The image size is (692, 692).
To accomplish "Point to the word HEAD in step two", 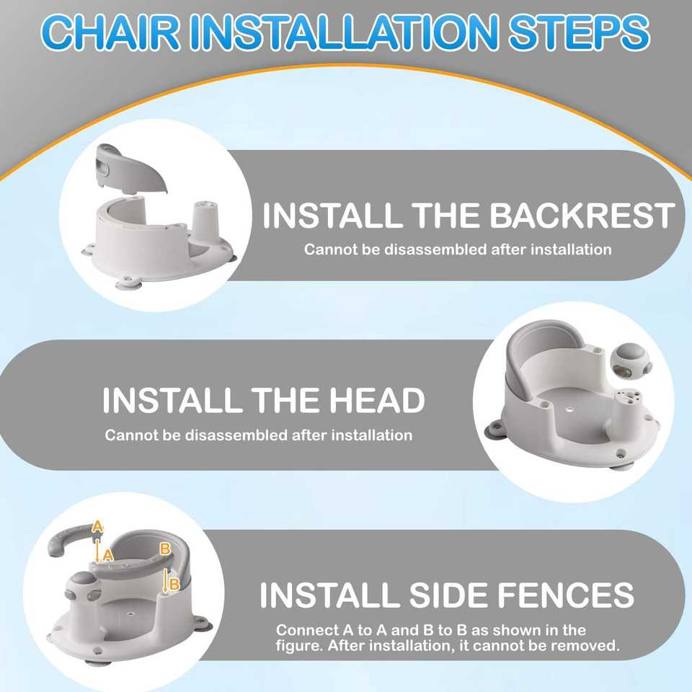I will click(368, 401).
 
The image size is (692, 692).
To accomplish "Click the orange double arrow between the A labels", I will click(98, 549).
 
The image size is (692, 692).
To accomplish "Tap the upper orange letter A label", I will click(98, 528).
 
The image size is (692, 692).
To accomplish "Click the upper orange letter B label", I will click(164, 549).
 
